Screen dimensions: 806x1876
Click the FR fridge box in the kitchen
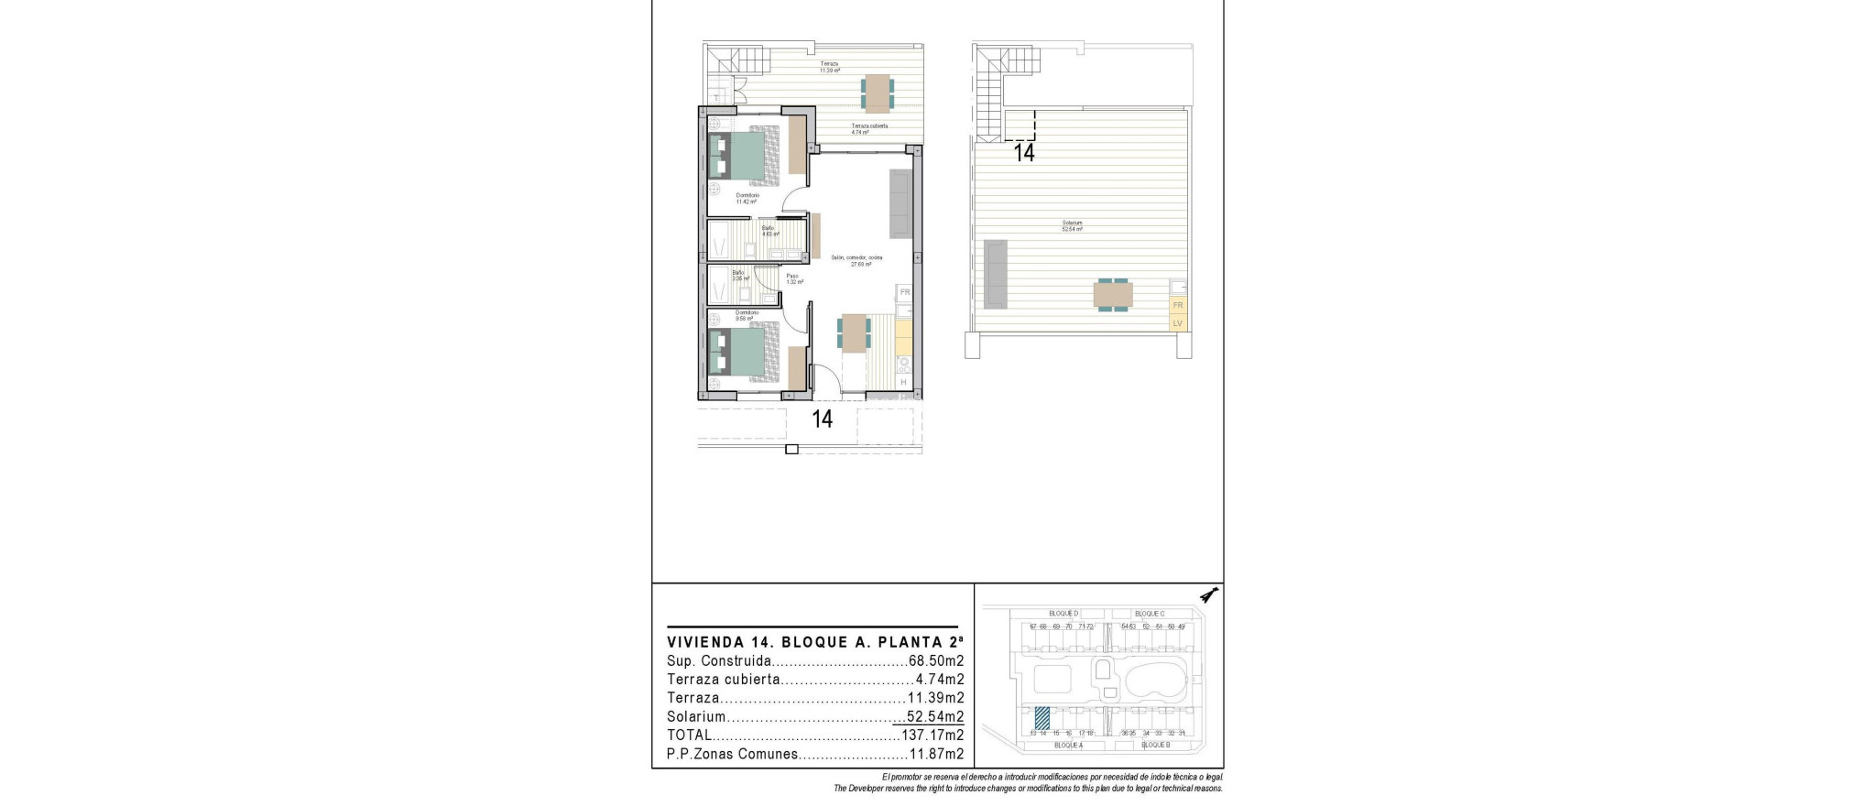(x=904, y=292)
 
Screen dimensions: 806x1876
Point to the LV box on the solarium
(x=1178, y=322)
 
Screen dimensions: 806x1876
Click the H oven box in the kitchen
(x=903, y=382)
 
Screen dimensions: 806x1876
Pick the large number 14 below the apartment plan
(x=823, y=419)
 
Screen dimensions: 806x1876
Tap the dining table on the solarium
(x=1113, y=295)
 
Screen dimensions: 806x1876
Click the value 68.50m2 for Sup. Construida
(x=936, y=661)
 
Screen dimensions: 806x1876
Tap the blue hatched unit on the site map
(x=1042, y=716)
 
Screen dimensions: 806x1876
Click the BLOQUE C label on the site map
(x=1149, y=614)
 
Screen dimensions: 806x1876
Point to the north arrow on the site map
(x=1210, y=596)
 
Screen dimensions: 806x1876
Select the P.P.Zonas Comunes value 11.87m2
(x=936, y=755)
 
